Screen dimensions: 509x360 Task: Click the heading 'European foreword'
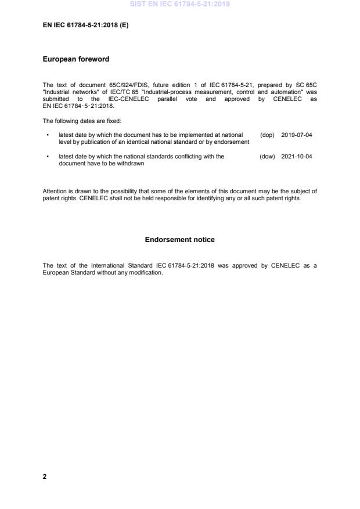(x=76, y=59)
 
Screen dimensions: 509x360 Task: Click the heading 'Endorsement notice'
(x=179, y=240)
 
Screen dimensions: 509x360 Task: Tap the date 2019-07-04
(x=296, y=135)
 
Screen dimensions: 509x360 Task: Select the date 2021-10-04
(x=296, y=156)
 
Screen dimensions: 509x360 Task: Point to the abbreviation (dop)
(x=267, y=135)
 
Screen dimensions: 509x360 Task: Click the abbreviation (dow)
(x=267, y=156)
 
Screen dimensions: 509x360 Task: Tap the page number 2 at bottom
(x=45, y=476)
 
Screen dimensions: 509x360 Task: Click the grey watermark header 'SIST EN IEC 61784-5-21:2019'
(x=180, y=4)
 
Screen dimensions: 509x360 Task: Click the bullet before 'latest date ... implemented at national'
(x=46, y=135)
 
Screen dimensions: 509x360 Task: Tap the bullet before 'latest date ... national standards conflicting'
(x=46, y=156)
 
